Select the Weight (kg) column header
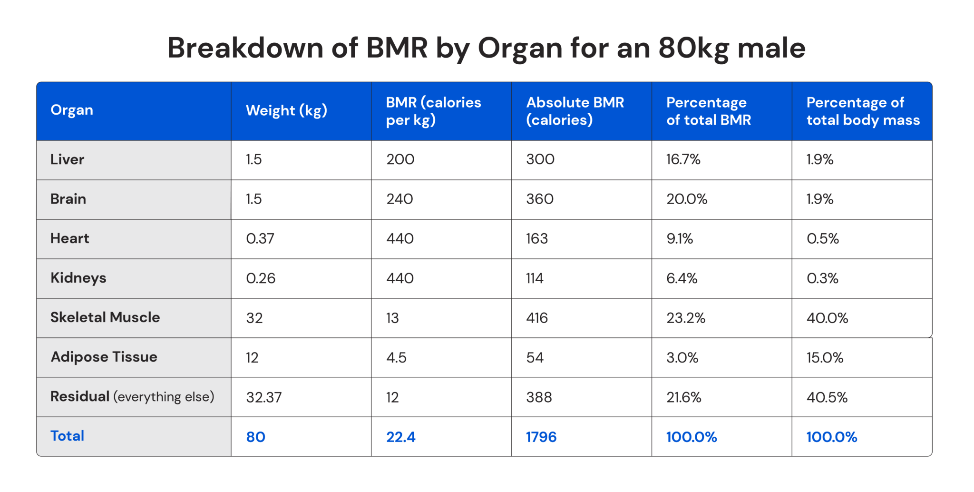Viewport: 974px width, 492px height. click(x=286, y=111)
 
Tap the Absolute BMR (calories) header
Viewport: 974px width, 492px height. click(x=575, y=111)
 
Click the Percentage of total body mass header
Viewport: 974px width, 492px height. click(x=863, y=111)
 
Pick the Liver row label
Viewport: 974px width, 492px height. click(x=67, y=159)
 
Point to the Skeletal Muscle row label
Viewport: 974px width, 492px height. click(x=105, y=317)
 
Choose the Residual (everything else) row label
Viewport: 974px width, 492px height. click(x=132, y=397)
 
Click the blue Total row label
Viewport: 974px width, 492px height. click(x=67, y=436)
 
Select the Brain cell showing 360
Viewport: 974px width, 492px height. click(x=540, y=199)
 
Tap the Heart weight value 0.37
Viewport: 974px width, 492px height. click(x=260, y=238)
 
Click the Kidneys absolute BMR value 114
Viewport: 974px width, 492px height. click(x=535, y=278)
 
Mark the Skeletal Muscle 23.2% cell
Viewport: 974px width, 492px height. click(x=685, y=318)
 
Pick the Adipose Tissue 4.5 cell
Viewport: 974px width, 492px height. click(x=396, y=357)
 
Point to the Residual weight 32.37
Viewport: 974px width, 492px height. click(x=263, y=397)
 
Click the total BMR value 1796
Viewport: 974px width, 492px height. click(x=541, y=437)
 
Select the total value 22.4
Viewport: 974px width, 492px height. click(x=400, y=437)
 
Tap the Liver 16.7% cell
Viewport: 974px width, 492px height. click(x=683, y=159)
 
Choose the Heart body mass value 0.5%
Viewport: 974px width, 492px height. click(x=822, y=238)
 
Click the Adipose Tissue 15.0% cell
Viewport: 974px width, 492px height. click(x=825, y=357)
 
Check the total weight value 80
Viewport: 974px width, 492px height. click(x=255, y=437)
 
